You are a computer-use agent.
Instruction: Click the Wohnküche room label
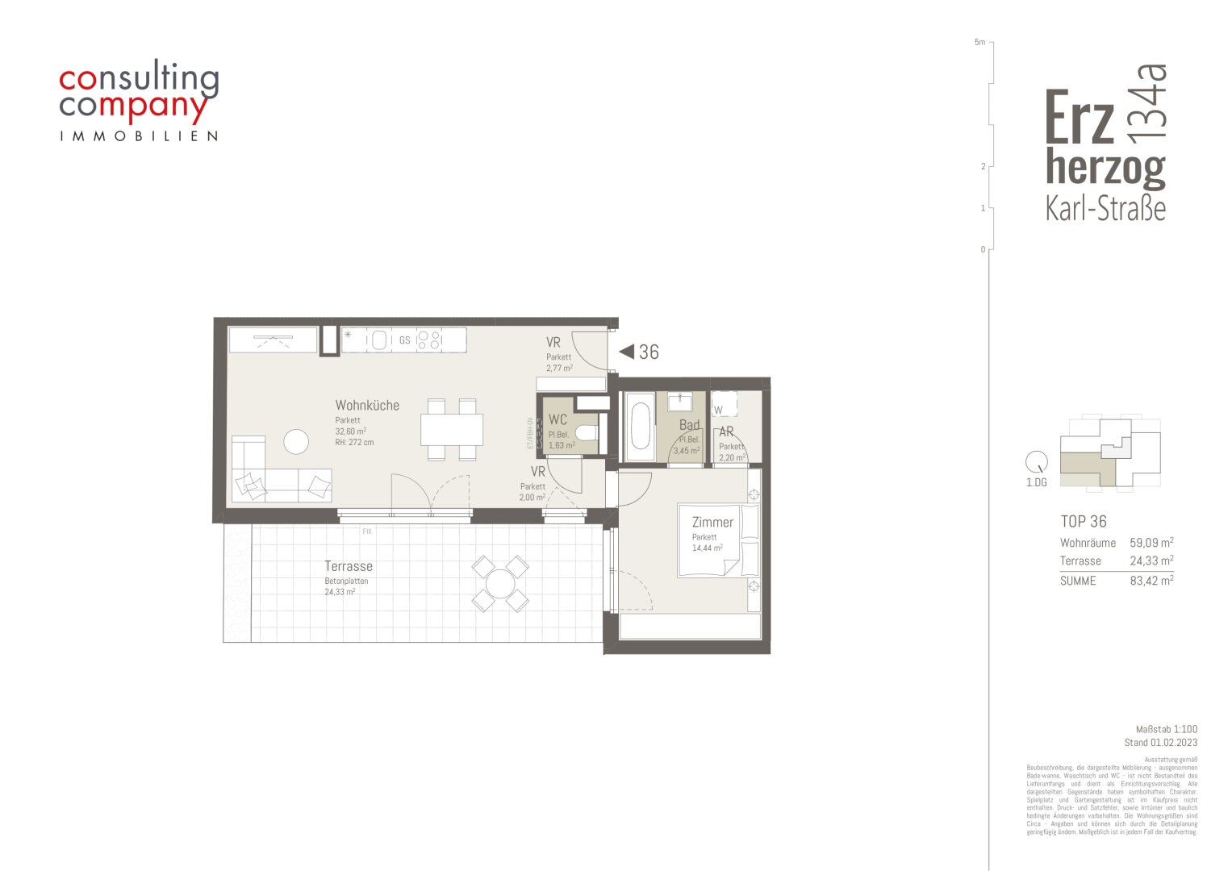367,406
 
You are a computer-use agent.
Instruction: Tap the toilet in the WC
587,434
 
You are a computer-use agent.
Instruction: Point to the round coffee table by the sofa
295,441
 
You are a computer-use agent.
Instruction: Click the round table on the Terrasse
500,583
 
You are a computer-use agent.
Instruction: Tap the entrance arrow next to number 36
626,352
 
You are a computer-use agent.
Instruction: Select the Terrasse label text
349,566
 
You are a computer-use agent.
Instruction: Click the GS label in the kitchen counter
404,340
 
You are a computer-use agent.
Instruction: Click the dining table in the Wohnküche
451,429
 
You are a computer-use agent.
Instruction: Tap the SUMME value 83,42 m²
1151,581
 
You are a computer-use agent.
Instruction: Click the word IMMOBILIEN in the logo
139,136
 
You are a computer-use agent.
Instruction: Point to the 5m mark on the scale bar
979,42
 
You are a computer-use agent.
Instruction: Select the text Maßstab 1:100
1166,729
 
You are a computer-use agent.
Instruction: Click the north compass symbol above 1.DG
1035,463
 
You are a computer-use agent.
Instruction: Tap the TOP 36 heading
1084,522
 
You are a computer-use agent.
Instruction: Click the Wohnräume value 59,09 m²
1151,543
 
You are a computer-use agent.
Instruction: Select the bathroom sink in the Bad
679,401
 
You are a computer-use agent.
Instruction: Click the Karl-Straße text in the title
1105,209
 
